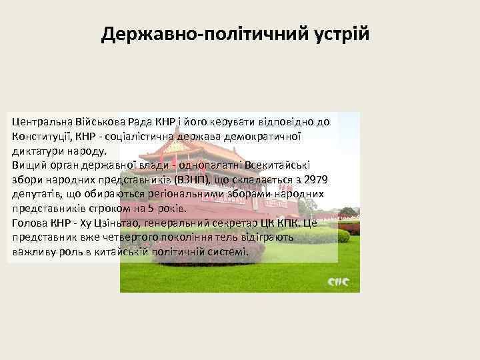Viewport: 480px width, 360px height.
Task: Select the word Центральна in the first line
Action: tap(43, 122)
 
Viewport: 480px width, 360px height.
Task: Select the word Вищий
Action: tap(28, 165)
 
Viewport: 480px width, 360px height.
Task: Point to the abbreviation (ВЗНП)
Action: tap(192, 180)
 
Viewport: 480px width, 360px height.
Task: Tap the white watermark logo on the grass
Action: tap(338, 281)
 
